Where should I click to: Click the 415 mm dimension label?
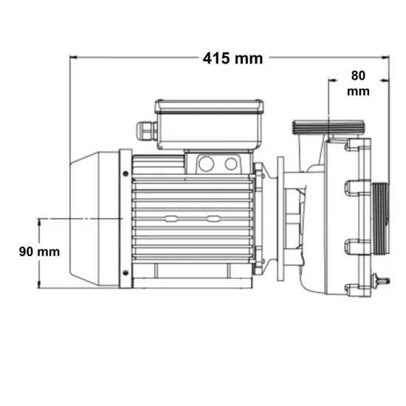[x=233, y=58]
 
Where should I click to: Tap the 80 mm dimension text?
[x=358, y=83]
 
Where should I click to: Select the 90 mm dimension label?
[x=39, y=252]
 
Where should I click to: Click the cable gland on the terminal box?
[x=147, y=131]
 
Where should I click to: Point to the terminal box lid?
[x=209, y=106]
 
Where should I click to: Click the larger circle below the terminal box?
[x=207, y=164]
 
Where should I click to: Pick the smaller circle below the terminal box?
[x=231, y=164]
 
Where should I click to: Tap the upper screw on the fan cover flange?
[x=125, y=173]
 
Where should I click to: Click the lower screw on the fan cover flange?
[x=125, y=272]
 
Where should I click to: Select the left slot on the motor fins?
[x=171, y=219]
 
